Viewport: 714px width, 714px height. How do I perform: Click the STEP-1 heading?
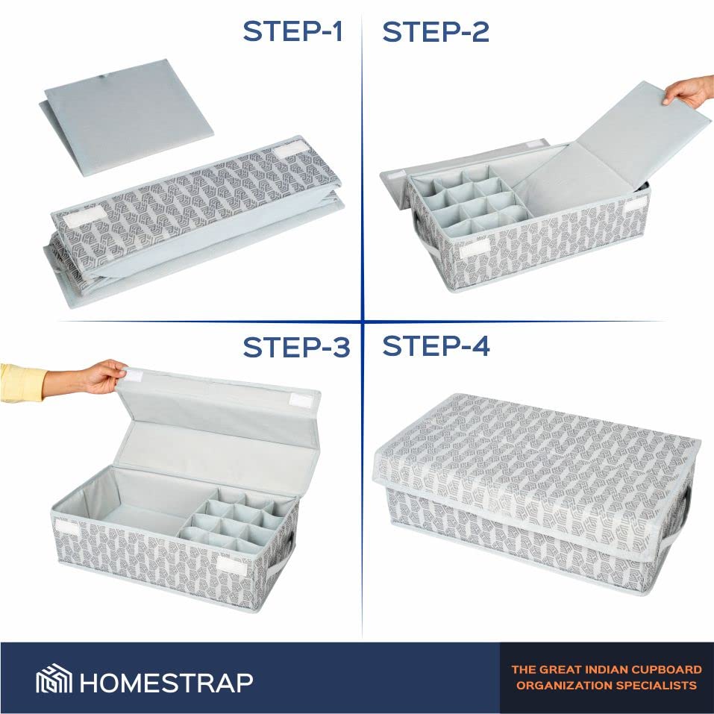click(x=292, y=31)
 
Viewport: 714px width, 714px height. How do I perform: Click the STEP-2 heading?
click(x=436, y=31)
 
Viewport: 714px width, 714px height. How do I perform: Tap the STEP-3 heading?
click(x=296, y=347)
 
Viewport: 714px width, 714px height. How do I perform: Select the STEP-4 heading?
click(x=436, y=346)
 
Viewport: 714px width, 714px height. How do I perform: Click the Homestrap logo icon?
click(x=54, y=678)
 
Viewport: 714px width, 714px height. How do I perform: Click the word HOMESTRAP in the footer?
click(x=166, y=682)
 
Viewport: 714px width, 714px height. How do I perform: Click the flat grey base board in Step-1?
click(x=127, y=117)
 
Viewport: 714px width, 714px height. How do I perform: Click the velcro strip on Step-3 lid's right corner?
click(x=301, y=401)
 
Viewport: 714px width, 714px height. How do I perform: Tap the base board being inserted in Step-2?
click(x=610, y=150)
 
